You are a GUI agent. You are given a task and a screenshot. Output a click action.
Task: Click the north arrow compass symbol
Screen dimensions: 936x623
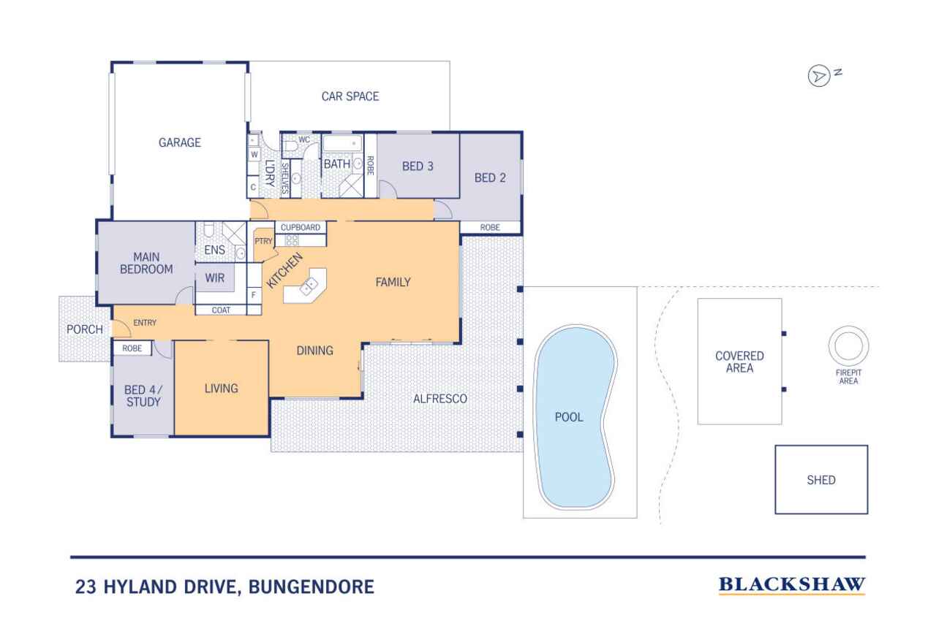[818, 76]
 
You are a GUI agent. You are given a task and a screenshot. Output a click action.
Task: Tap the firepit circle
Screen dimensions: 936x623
[848, 346]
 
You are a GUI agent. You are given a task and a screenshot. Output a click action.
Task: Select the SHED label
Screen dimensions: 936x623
[821, 481]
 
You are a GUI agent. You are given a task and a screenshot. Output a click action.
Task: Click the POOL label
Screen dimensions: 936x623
[569, 417]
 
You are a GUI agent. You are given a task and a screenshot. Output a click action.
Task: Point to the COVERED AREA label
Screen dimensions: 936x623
[739, 362]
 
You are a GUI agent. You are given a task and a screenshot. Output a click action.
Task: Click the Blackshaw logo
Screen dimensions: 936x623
[792, 585]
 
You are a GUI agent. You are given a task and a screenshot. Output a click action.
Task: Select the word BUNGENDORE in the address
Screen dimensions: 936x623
[312, 586]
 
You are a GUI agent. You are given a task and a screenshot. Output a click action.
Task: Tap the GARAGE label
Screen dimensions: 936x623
[180, 142]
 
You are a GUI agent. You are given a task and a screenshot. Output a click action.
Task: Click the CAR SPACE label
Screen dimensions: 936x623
[350, 96]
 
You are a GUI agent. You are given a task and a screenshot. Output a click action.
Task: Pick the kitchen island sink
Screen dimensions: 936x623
[309, 287]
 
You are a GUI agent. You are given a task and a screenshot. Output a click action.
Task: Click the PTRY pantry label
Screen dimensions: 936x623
[263, 241]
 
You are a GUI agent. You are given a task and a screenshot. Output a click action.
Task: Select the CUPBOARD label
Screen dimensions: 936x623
[301, 227]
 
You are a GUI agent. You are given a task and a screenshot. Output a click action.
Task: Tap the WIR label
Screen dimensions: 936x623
[215, 278]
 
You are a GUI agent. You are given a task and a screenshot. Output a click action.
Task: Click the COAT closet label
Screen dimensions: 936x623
[221, 310]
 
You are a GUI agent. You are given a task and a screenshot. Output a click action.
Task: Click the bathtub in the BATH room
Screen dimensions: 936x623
[343, 143]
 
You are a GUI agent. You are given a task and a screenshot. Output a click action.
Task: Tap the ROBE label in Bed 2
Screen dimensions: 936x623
[490, 227]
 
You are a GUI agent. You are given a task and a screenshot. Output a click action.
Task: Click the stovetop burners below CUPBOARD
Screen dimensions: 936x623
[292, 240]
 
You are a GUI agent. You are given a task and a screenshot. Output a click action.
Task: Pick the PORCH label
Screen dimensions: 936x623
[85, 329]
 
